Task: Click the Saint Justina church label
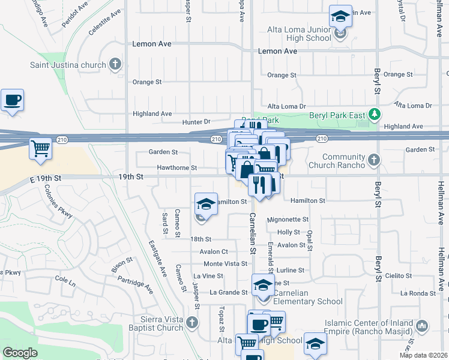click(67, 64)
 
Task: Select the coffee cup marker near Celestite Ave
click(12, 101)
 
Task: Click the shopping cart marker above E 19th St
click(40, 148)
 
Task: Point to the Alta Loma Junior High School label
click(299, 34)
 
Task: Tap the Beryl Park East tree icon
click(375, 113)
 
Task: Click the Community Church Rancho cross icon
click(375, 160)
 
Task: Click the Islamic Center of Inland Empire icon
click(422, 326)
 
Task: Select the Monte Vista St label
click(225, 264)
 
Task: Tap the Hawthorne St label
click(176, 167)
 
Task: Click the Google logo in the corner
click(20, 353)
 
